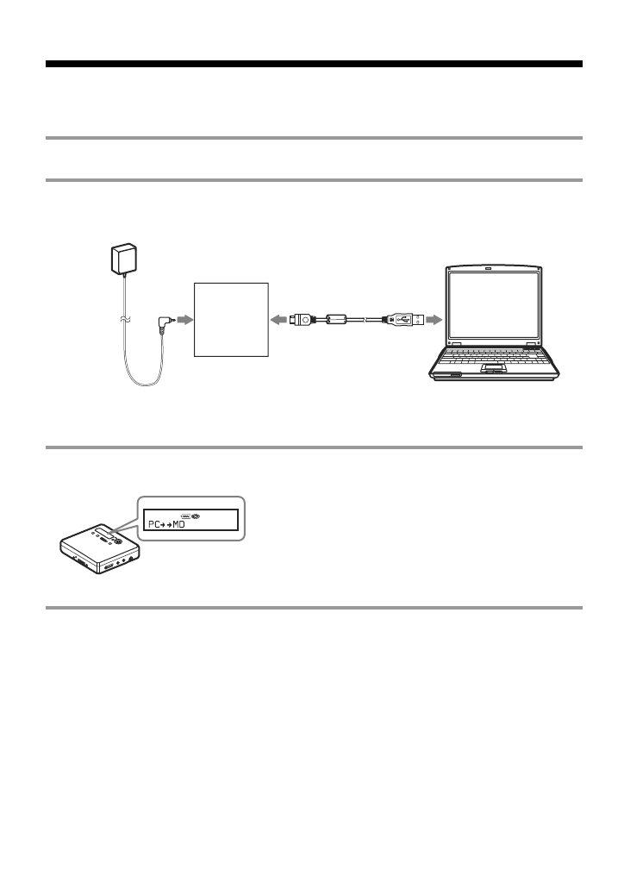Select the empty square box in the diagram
click(231, 319)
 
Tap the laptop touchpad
click(492, 370)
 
